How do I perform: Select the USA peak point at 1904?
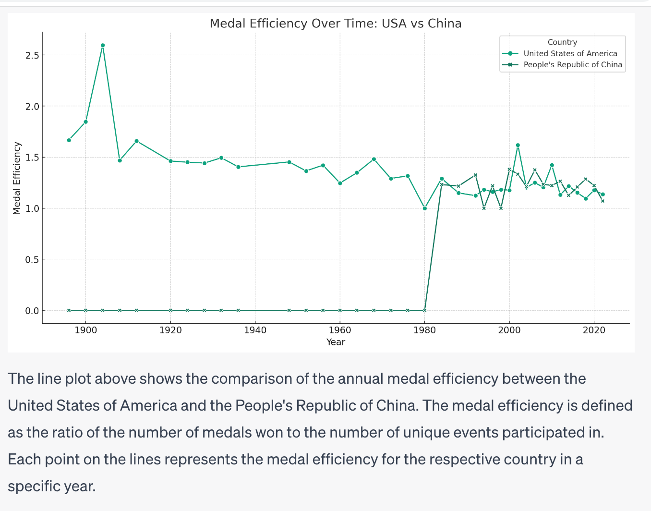[x=103, y=46]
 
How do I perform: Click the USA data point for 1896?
[x=69, y=140]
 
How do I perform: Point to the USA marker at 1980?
[x=424, y=208]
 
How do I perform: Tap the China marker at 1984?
[x=442, y=184]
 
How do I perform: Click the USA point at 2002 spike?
[x=518, y=145]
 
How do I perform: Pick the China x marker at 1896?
[x=69, y=310]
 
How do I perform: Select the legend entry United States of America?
[x=570, y=54]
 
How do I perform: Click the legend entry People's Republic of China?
[x=572, y=65]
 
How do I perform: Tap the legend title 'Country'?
[x=562, y=42]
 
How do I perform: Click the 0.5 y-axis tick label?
[x=32, y=259]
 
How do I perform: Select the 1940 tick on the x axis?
[x=255, y=330]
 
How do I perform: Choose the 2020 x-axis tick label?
[x=594, y=330]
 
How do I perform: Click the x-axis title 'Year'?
[x=336, y=342]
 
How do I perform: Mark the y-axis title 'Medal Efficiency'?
[x=17, y=178]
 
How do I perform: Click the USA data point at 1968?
[x=374, y=159]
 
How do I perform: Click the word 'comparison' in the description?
[x=250, y=378]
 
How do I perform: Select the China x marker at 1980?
[x=424, y=310]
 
